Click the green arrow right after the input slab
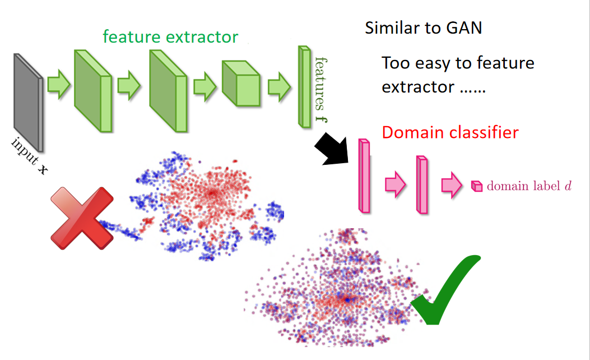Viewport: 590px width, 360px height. click(x=58, y=85)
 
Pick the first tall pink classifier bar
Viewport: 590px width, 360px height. click(x=364, y=176)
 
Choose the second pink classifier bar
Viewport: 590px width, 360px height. click(x=422, y=184)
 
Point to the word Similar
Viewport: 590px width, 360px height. click(x=389, y=27)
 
